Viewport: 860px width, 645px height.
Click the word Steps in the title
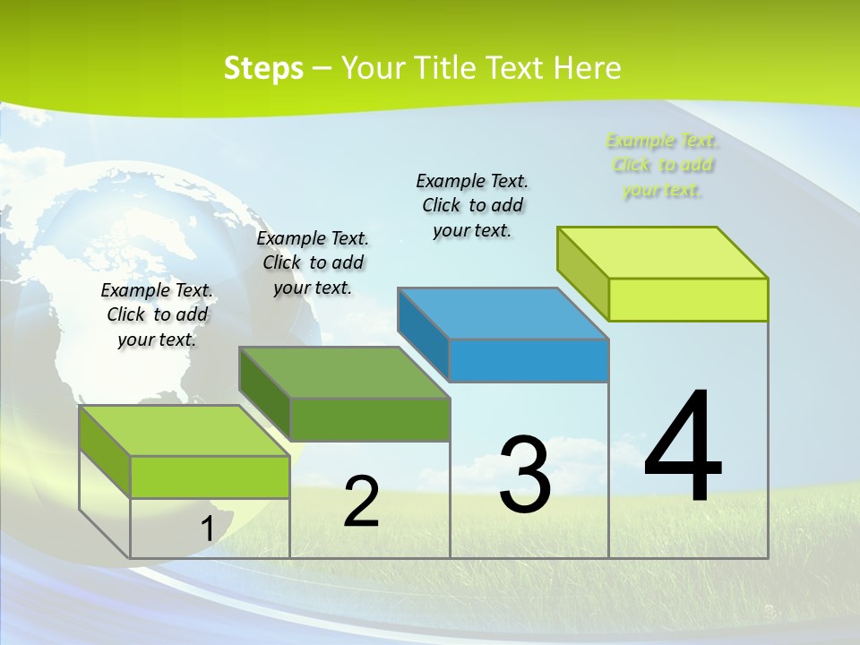263,68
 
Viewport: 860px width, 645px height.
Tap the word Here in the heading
587,68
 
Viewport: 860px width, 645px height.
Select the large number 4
683,448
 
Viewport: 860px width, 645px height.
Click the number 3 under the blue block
525,475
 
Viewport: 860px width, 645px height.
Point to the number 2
362,503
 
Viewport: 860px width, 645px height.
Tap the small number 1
207,529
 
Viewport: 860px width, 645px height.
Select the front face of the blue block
529,361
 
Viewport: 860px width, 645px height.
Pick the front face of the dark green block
370,420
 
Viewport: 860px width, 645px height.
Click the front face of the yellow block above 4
688,299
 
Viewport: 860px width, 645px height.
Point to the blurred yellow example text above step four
661,166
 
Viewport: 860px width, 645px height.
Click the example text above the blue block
472,205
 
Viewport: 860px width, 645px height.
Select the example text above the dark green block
313,262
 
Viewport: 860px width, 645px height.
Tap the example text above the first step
157,314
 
